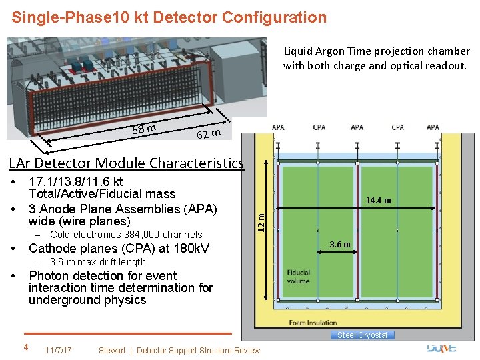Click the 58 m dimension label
(x=144, y=127)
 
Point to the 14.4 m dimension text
(x=379, y=201)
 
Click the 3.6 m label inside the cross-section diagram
(x=339, y=244)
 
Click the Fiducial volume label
(x=299, y=277)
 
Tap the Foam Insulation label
(x=312, y=323)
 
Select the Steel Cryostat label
(x=362, y=335)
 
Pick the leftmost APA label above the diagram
(x=278, y=127)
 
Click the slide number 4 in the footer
(x=25, y=347)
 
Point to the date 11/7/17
(x=58, y=350)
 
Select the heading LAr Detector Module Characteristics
(x=126, y=163)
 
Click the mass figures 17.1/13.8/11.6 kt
(x=75, y=181)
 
